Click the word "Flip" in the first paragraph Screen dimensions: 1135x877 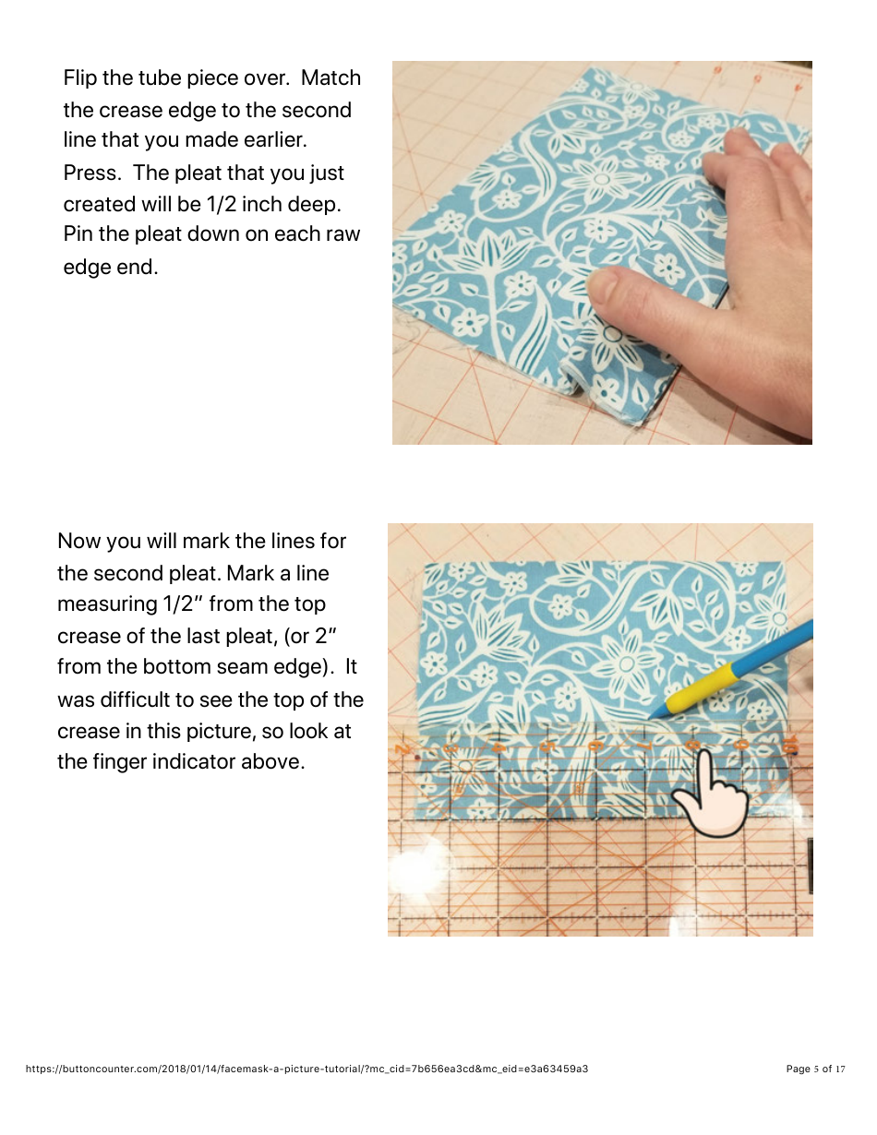click(80, 78)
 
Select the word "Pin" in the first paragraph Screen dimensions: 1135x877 click(78, 234)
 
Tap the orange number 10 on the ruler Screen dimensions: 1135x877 click(790, 744)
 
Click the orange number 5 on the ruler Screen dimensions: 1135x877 click(547, 744)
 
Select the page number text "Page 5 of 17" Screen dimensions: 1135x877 click(815, 1069)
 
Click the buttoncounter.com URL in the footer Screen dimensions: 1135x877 click(306, 1069)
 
